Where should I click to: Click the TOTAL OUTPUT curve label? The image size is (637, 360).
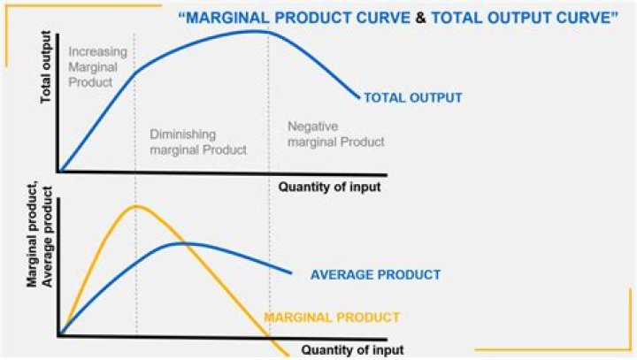413,98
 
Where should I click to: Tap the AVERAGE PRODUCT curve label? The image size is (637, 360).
375,275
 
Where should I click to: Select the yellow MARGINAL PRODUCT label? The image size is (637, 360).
332,318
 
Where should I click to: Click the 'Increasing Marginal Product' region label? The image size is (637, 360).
97,67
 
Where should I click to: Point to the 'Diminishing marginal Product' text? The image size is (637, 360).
198,142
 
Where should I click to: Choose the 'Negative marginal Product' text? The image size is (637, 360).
336,134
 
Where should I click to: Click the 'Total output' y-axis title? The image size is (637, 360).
46,67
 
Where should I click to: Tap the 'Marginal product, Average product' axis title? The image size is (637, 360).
40,236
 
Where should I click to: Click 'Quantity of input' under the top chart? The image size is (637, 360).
329,187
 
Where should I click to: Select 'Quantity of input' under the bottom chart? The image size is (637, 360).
353,350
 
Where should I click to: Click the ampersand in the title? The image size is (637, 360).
420,19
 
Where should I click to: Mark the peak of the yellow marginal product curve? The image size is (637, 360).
135,206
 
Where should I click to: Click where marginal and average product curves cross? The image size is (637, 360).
183,243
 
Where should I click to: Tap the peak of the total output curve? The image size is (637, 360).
254,31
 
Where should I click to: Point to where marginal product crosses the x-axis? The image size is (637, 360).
269,337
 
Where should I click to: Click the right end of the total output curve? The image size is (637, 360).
359,97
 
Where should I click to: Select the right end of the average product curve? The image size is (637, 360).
291,273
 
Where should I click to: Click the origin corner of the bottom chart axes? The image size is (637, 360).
60,335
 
